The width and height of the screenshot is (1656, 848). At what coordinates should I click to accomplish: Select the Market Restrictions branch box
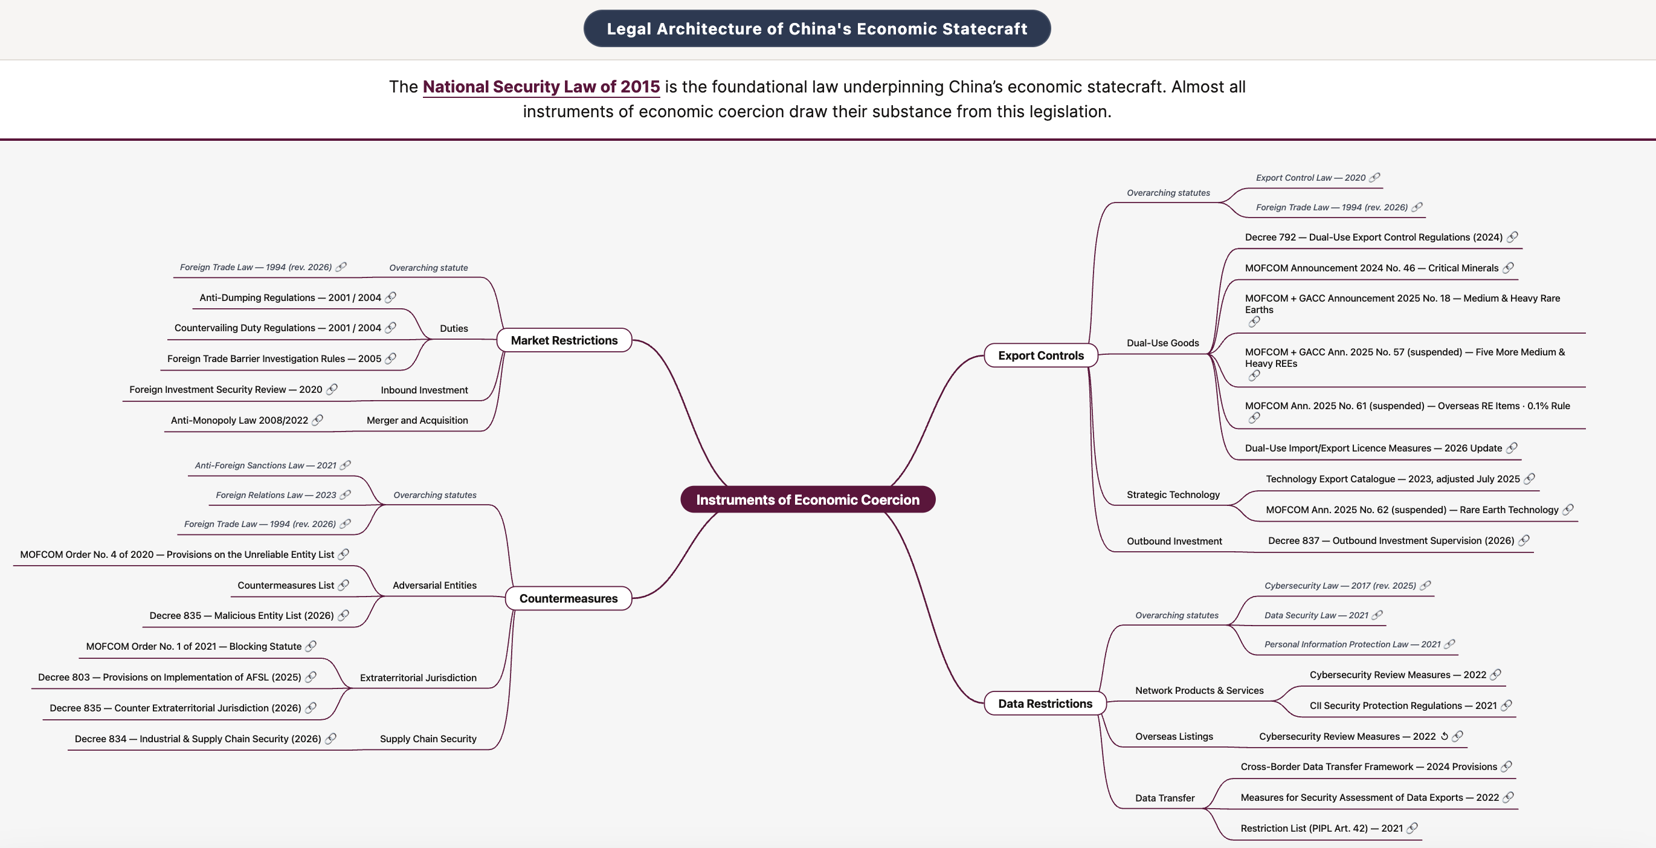[564, 340]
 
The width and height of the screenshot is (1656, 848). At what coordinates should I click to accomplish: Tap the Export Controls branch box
[1041, 355]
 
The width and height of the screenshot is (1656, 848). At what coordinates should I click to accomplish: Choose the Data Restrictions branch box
[1045, 704]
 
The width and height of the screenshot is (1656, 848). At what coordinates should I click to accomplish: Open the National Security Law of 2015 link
[541, 87]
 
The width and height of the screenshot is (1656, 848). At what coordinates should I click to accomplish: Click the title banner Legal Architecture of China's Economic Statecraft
[817, 28]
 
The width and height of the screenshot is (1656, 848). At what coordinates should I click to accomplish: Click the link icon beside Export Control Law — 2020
[1374, 178]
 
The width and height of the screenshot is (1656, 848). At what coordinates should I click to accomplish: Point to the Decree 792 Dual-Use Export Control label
[1373, 237]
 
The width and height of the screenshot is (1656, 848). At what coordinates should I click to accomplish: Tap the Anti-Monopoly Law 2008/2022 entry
[239, 420]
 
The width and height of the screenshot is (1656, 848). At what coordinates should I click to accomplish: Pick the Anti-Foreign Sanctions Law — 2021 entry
[265, 465]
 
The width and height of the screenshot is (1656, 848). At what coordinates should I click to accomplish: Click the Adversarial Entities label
[434, 585]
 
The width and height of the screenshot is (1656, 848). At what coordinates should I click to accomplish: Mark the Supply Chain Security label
[428, 739]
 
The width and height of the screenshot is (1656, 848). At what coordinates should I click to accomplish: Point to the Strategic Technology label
[1173, 494]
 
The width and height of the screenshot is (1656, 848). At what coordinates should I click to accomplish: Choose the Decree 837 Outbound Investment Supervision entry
[1391, 541]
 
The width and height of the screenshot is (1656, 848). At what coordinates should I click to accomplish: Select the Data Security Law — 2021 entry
[1316, 615]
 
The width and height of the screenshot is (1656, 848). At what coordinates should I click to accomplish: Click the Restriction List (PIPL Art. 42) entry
[1322, 828]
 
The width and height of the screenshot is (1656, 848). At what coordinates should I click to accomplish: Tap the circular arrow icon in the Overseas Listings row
[1444, 736]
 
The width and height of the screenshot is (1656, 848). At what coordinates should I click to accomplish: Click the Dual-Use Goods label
[1162, 343]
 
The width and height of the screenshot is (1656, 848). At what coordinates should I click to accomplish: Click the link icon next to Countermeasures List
[343, 585]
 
